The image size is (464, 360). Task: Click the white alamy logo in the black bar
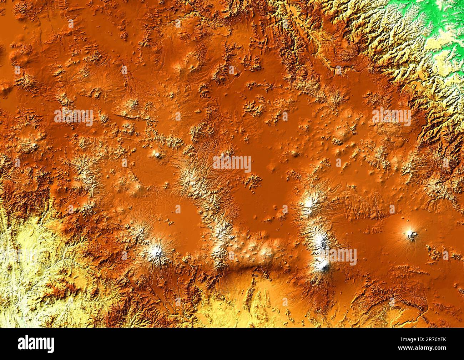coord(36,344)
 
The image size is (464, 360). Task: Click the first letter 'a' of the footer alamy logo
coord(21,345)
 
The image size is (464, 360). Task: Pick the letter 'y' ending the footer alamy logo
coord(51,345)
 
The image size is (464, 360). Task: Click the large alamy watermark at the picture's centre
coord(232,164)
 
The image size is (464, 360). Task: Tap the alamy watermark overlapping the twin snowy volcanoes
coord(337,257)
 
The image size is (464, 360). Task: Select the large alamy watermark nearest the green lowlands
coord(391,117)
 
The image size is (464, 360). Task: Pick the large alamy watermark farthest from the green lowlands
coord(74,117)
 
